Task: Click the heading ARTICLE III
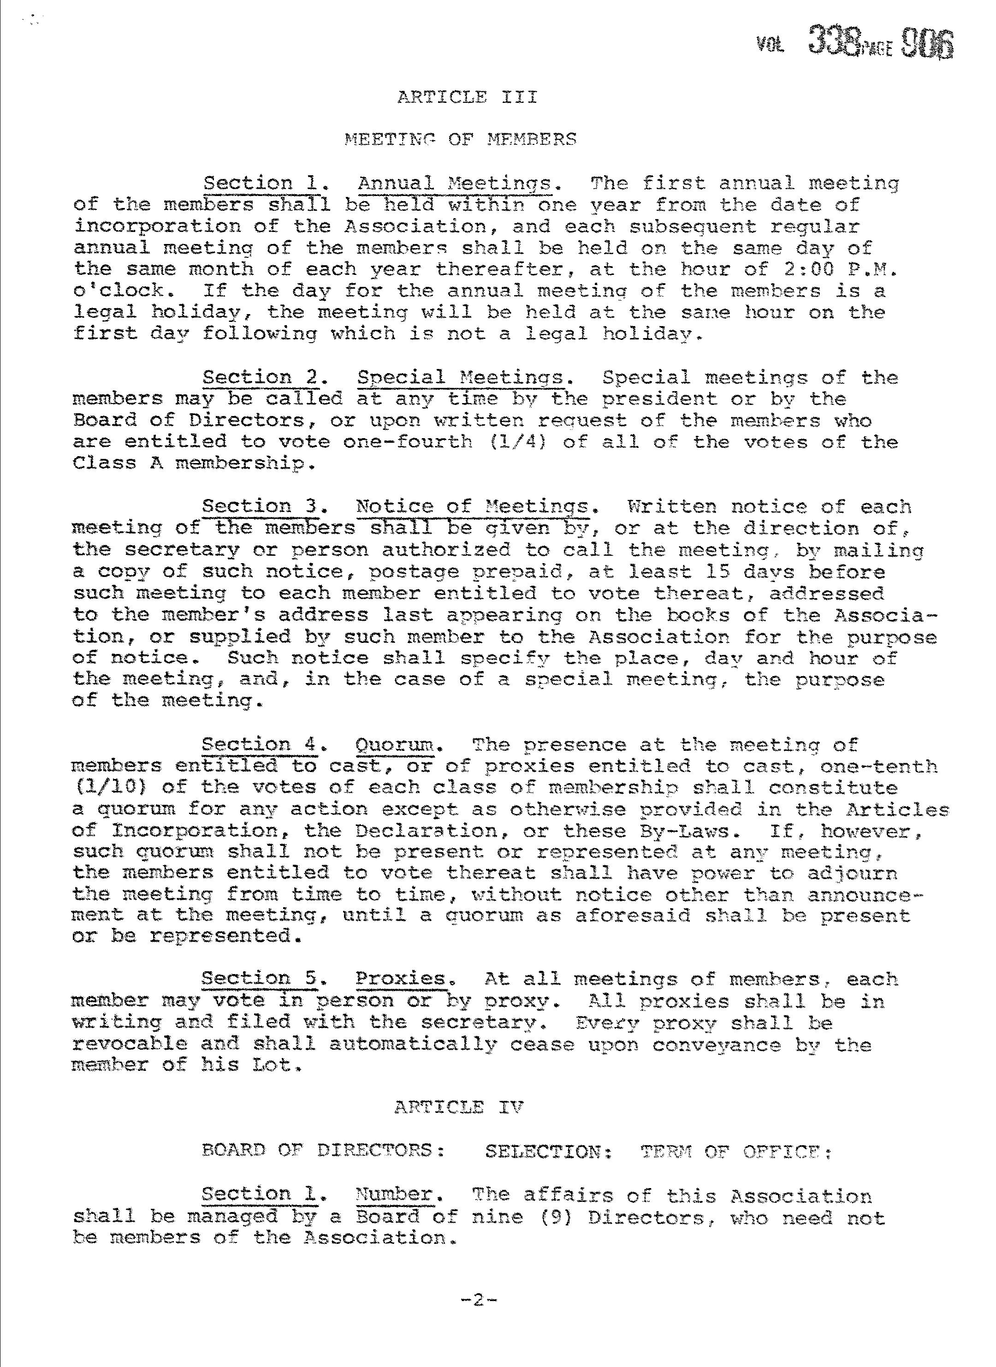pyautogui.click(x=467, y=97)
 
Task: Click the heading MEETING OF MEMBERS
pyautogui.click(x=461, y=139)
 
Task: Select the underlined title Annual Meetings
pyautogui.click(x=455, y=183)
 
